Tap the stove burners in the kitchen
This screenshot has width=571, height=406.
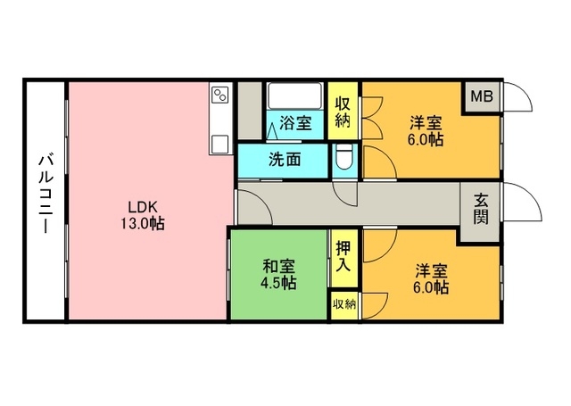[220, 95]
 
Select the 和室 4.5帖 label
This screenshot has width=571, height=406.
[279, 274]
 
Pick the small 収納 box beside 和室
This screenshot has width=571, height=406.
[343, 305]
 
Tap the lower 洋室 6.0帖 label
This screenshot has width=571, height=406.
[431, 279]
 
